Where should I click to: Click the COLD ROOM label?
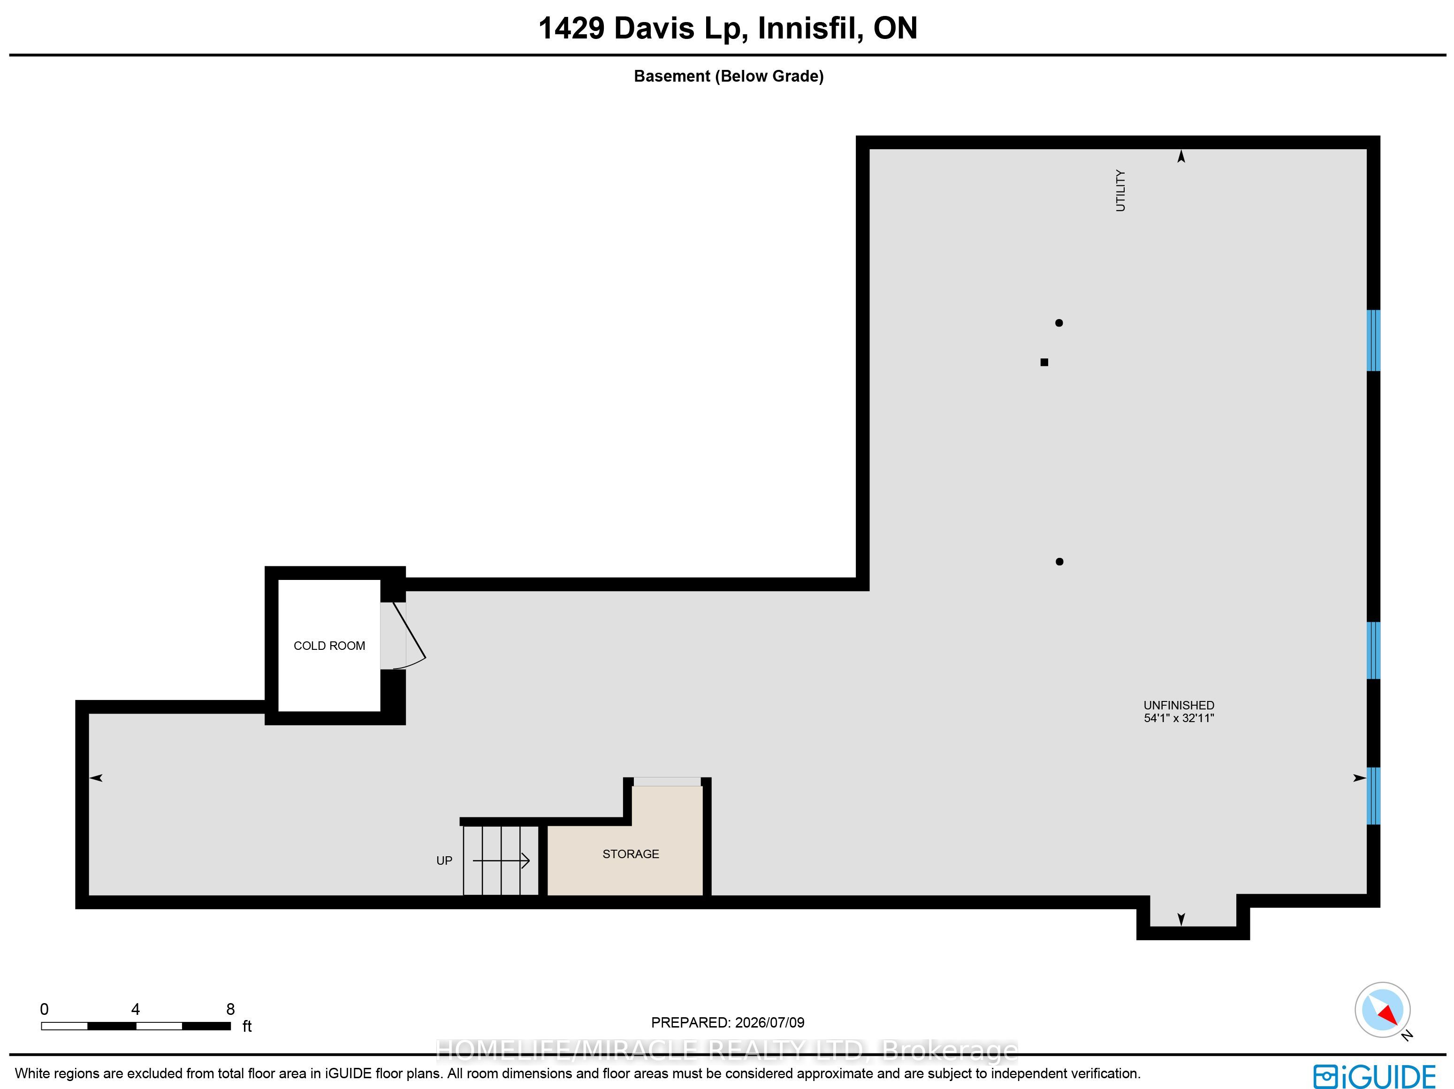329,646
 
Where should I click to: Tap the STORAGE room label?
631,854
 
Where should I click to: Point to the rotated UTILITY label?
1121,190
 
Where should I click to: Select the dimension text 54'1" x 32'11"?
1179,718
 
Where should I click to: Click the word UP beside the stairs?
444,861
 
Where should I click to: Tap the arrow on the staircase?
501,861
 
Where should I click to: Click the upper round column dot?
1059,323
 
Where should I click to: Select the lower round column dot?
1059,561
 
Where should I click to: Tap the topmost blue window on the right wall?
1373,341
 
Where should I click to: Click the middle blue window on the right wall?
1373,650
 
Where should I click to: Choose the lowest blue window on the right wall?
1373,796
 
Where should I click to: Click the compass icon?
1382,1010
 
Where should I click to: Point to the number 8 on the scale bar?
230,1009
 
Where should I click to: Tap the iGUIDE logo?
1374,1076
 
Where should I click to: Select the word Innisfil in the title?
810,28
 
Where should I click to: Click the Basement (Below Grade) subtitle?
728,76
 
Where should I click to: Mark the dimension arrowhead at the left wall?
96,778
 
